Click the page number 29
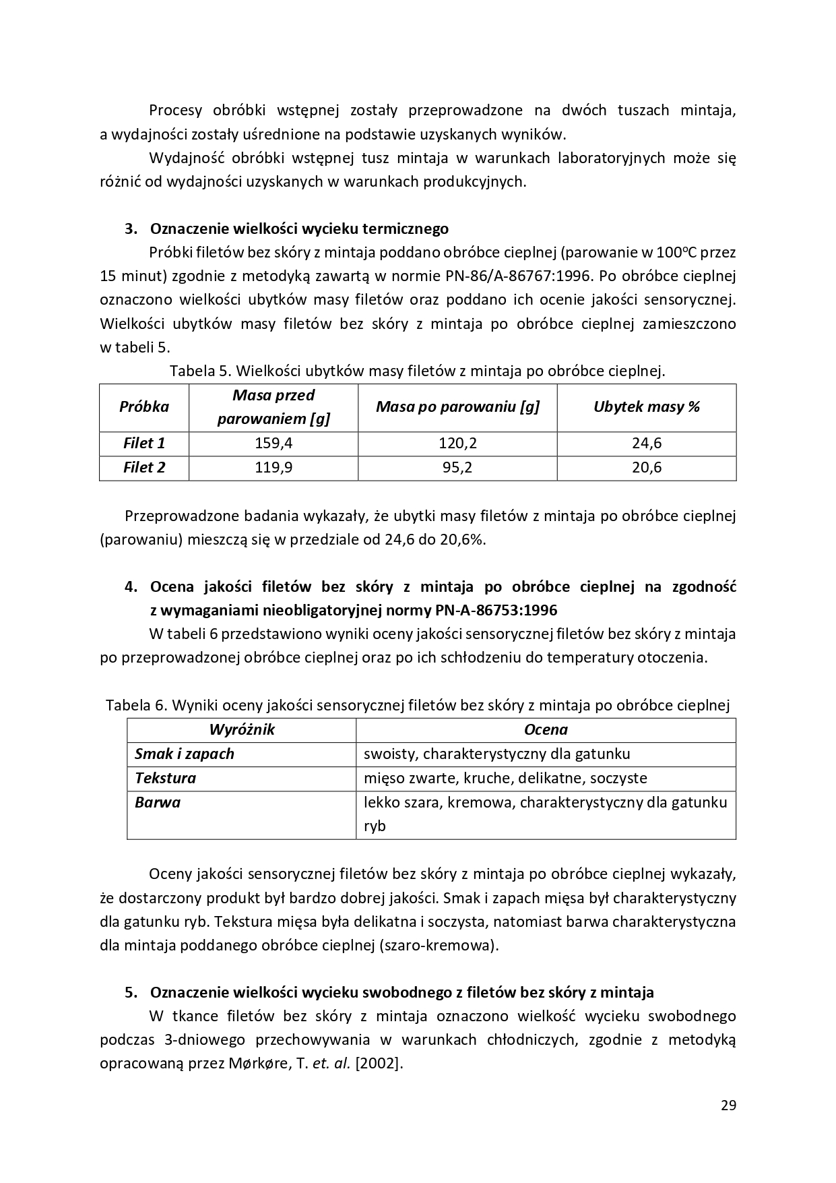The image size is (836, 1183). click(x=728, y=1105)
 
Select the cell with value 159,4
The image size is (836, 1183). click(x=273, y=443)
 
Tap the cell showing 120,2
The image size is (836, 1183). click(x=457, y=443)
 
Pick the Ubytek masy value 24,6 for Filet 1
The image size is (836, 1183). click(x=646, y=443)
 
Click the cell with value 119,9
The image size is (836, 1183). click(x=273, y=467)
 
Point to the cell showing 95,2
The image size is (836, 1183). click(x=457, y=467)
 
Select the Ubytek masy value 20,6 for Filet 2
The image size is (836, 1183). click(x=646, y=467)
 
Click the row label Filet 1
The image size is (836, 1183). click(x=143, y=443)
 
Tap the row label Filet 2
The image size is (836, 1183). click(x=143, y=467)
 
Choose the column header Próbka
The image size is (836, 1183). click(x=143, y=406)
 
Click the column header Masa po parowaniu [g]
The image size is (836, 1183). click(x=457, y=406)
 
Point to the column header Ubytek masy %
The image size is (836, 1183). click(x=646, y=406)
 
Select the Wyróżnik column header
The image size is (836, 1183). click(x=241, y=729)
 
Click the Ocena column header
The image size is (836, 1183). click(x=545, y=729)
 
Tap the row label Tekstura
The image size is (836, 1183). click(x=165, y=778)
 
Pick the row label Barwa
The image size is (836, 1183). click(x=157, y=802)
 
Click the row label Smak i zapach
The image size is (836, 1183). click(x=184, y=754)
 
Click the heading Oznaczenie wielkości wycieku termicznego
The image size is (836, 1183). click(x=298, y=229)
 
